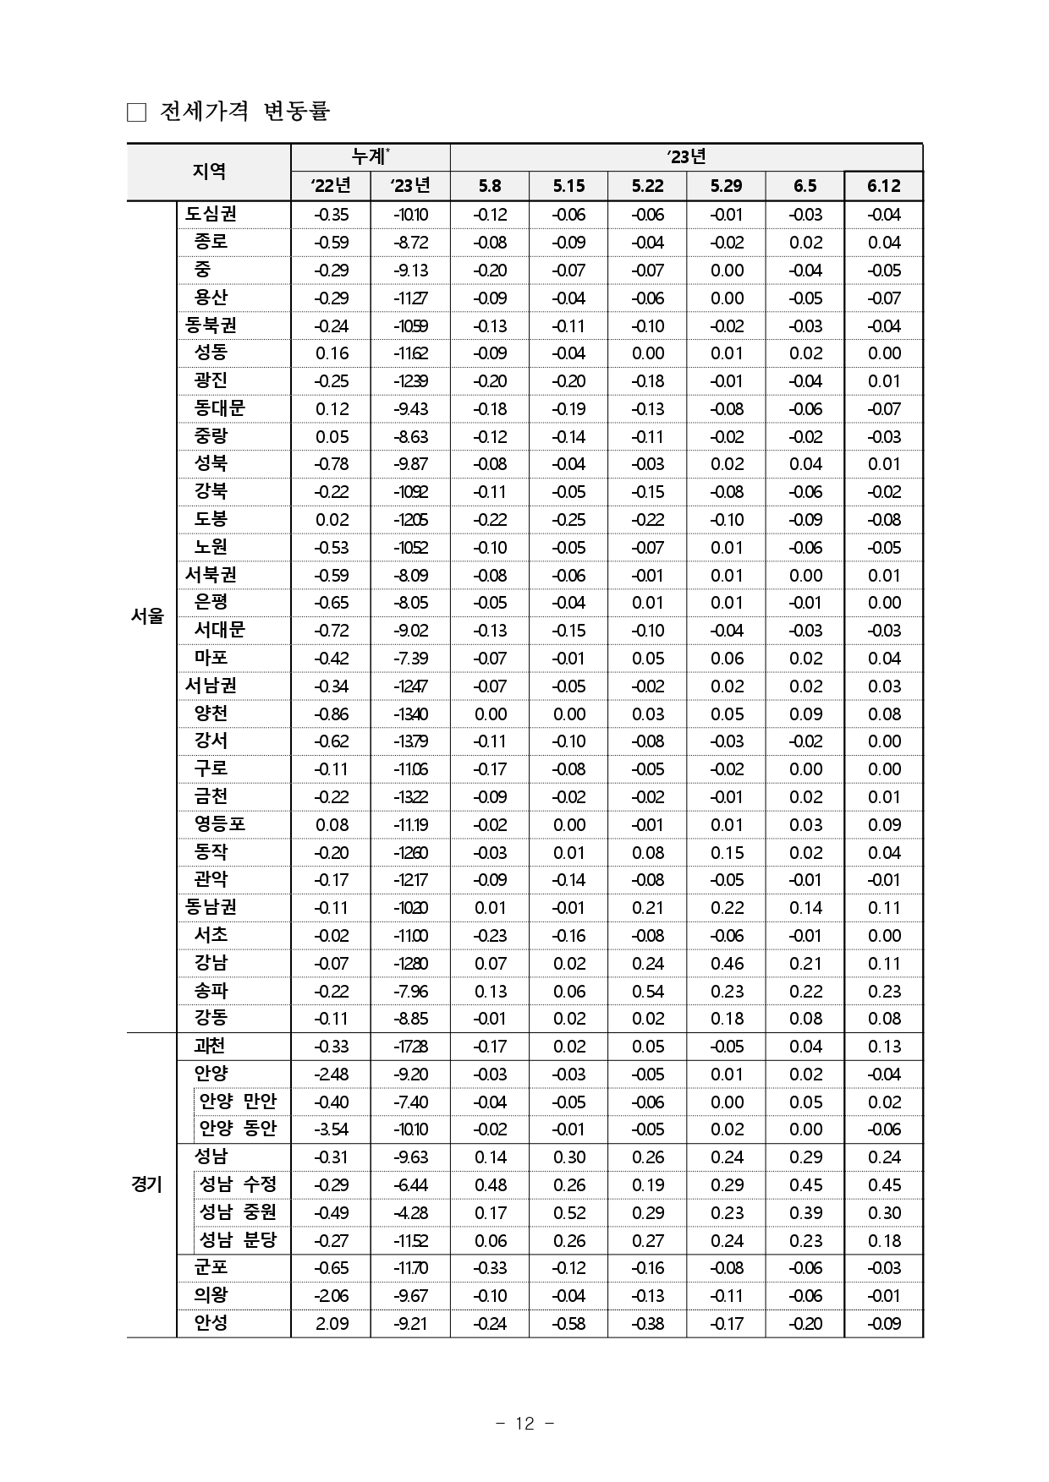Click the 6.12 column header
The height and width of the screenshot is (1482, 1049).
coord(883,186)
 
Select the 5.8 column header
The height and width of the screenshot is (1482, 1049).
coord(489,186)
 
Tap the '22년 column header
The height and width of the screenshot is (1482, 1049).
coord(331,186)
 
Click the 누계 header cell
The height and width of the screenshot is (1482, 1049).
coord(371,157)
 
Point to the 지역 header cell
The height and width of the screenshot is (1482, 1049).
coord(209,172)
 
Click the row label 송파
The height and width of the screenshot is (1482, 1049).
coord(211,991)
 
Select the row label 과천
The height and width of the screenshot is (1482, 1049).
coord(211,1047)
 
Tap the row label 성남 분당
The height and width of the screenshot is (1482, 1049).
coord(238,1240)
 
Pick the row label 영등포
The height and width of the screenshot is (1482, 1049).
coord(220,824)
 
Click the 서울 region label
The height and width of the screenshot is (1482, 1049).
coord(148,616)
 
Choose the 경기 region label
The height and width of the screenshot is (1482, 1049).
coord(148,1184)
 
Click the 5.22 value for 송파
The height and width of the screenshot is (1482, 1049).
coord(647,991)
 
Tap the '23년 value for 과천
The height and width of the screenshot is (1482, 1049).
coord(410,1047)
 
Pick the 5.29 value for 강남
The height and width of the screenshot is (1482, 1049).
coord(726,963)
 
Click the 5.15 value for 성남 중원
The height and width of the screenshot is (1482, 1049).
coord(568,1212)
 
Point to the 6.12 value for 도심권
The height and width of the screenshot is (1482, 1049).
coord(883,215)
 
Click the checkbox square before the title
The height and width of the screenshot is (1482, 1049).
coord(136,112)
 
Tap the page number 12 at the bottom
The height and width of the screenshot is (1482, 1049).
coord(524,1424)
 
